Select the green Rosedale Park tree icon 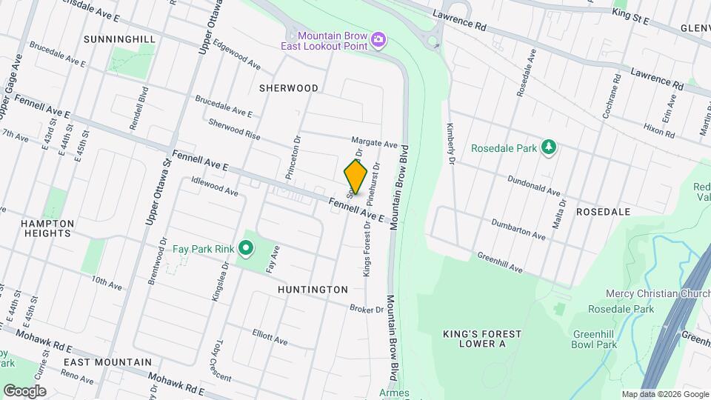click(549, 147)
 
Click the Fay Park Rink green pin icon click(245, 249)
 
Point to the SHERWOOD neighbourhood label click(289, 88)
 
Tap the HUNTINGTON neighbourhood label click(313, 290)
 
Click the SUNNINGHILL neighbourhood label click(120, 39)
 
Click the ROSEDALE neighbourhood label click(606, 212)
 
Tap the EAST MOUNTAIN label click(107, 362)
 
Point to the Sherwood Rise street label click(235, 128)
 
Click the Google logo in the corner click(24, 390)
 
